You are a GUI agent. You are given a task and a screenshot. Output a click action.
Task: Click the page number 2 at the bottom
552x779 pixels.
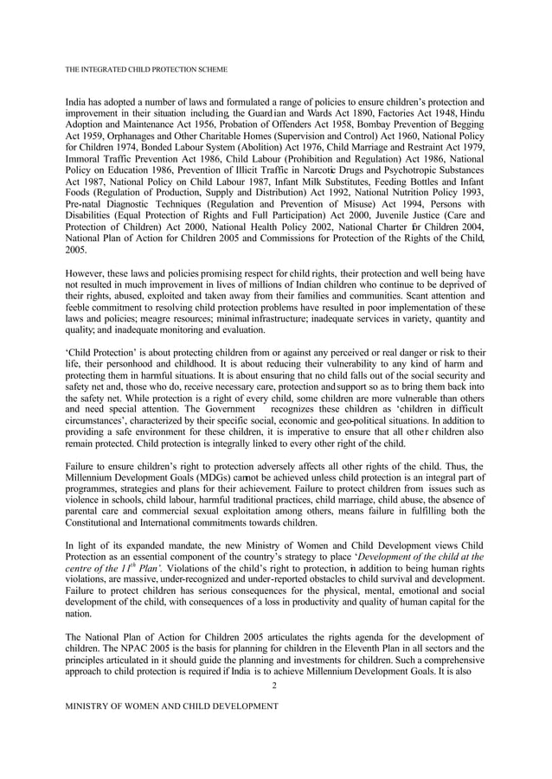point(274,686)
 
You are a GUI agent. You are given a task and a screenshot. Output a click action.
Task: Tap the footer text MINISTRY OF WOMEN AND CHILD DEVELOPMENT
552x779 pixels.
point(172,706)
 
